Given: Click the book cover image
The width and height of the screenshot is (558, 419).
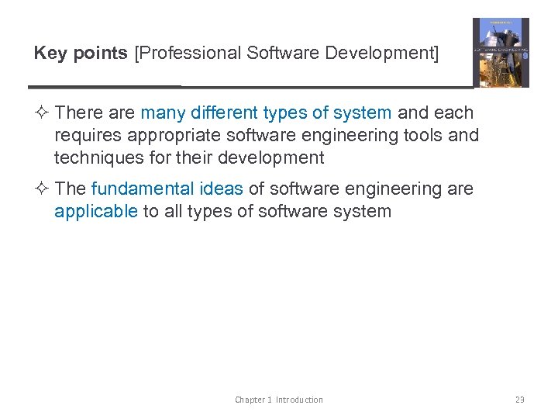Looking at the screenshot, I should click(501, 53).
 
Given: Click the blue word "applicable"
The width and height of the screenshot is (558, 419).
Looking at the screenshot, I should click(96, 211).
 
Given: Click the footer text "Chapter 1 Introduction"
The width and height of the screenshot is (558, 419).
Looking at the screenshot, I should click(279, 400).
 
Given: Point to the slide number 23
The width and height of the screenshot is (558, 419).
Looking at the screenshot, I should click(519, 400).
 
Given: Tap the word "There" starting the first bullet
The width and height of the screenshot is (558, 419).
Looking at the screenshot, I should click(79, 113).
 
